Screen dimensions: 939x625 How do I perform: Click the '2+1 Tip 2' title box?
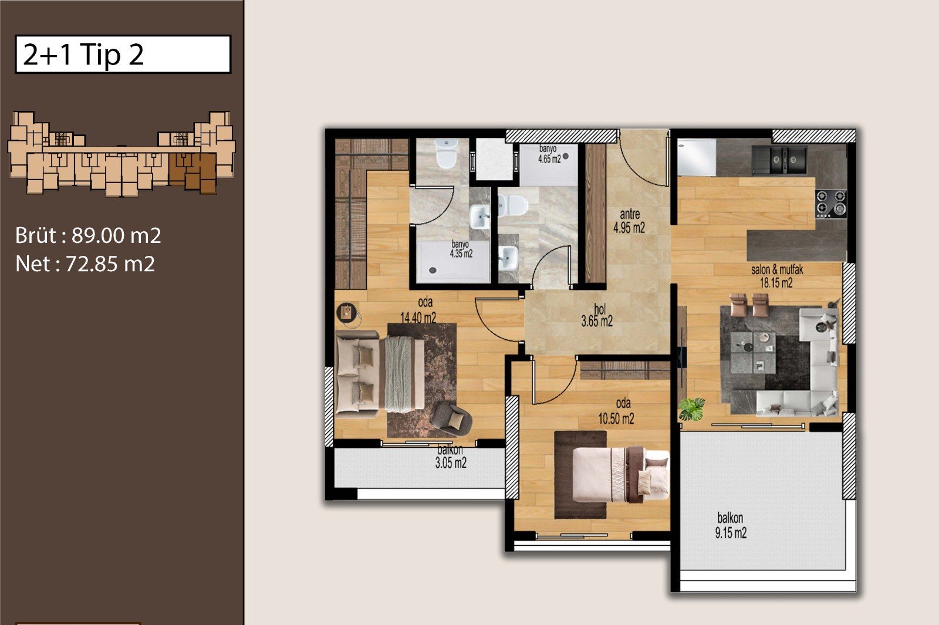click(123, 55)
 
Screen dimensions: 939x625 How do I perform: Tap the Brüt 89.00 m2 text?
click(88, 235)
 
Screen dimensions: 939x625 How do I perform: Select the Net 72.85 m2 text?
click(85, 263)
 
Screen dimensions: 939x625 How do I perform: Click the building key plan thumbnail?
click(121, 153)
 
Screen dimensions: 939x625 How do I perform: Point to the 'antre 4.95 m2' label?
click(629, 221)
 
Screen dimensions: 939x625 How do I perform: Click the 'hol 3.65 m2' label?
click(597, 316)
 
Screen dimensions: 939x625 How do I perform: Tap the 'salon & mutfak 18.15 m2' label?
click(777, 276)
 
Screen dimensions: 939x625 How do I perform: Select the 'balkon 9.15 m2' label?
click(731, 525)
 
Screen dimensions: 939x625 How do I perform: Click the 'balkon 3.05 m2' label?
click(451, 457)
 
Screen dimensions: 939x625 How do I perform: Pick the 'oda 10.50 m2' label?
click(616, 411)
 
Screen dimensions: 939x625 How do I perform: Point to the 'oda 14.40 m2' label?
click(418, 310)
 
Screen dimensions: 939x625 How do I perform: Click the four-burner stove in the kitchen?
click(831, 204)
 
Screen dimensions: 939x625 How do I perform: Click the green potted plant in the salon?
click(692, 408)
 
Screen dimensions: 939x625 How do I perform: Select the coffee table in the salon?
click(753, 353)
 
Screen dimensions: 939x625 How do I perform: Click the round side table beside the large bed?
click(347, 313)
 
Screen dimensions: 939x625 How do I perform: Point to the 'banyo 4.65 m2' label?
click(549, 154)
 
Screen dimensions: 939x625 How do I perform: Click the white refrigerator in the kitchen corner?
click(697, 157)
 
